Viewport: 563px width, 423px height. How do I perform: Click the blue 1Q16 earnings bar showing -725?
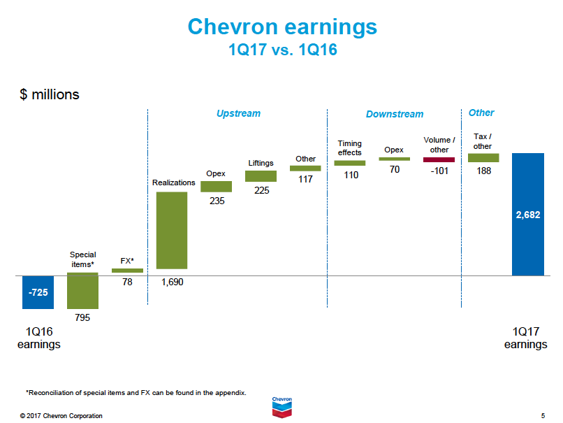click(38, 292)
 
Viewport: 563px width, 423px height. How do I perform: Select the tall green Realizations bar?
click(171, 230)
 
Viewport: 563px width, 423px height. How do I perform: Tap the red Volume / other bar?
click(439, 159)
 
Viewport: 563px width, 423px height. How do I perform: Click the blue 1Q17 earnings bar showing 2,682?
click(528, 214)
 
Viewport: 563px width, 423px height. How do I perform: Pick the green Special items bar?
click(82, 291)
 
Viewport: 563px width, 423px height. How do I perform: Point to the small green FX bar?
click(127, 271)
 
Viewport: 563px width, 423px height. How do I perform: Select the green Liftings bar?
click(261, 176)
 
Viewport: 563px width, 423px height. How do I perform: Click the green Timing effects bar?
click(349, 163)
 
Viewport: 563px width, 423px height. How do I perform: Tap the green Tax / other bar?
click(483, 158)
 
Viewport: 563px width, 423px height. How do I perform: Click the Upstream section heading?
click(238, 113)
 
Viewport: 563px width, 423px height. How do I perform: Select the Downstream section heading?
click(395, 114)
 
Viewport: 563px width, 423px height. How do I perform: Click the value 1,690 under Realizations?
click(171, 282)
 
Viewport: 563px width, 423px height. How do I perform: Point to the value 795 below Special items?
click(82, 317)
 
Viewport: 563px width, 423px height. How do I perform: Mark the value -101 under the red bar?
click(439, 172)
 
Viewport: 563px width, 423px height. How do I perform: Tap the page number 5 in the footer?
click(543, 416)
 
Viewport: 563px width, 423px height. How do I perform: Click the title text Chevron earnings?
click(282, 27)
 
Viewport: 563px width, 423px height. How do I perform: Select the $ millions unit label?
click(50, 94)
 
